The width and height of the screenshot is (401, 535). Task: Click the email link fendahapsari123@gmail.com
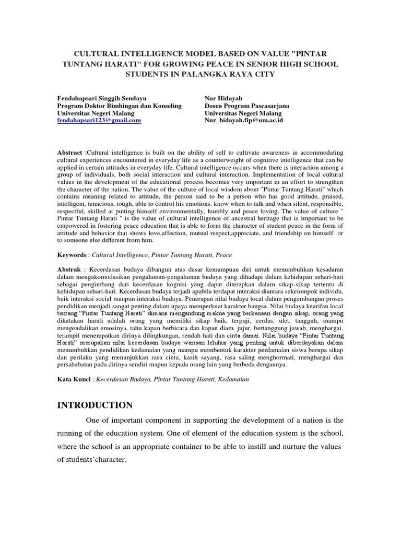coord(99,120)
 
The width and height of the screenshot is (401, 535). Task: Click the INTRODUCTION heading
coord(95,405)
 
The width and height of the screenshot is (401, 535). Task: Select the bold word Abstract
coord(69,152)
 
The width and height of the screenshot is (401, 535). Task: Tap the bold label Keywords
coord(72,255)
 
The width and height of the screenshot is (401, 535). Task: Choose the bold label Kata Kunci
coord(74,379)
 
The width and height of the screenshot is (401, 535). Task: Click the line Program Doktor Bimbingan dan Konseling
coord(119,106)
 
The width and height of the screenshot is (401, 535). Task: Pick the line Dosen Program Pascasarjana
coord(246,106)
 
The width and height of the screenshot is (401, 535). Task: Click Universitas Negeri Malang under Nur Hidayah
coord(243,113)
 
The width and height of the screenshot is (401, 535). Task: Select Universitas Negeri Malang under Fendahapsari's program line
coord(96,113)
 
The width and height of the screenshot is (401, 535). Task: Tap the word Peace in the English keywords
coord(222,255)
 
